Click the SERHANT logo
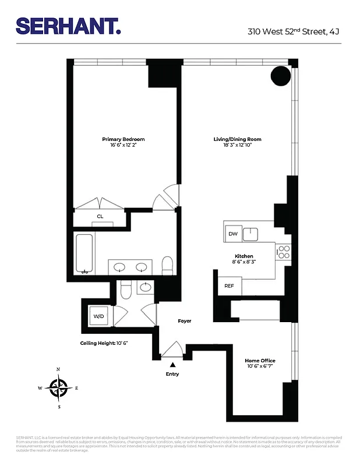pyautogui.click(x=68, y=26)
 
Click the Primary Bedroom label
pyautogui.click(x=123, y=139)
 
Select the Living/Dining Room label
pyautogui.click(x=237, y=139)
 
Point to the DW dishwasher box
pyautogui.click(x=233, y=234)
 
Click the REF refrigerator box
pyautogui.click(x=229, y=286)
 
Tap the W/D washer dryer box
pyautogui.click(x=97, y=316)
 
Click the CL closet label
pyautogui.click(x=100, y=217)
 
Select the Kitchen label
pyautogui.click(x=243, y=256)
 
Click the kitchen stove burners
pyautogui.click(x=283, y=252)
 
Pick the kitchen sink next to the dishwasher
pyautogui.click(x=252, y=234)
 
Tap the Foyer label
pyautogui.click(x=184, y=321)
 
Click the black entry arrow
pyautogui.click(x=172, y=364)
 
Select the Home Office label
pyautogui.click(x=259, y=361)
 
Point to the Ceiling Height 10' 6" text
pyautogui.click(x=104, y=343)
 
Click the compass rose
pyautogui.click(x=58, y=387)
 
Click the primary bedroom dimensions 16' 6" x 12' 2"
pyautogui.click(x=123, y=146)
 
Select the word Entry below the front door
pyautogui.click(x=172, y=374)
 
